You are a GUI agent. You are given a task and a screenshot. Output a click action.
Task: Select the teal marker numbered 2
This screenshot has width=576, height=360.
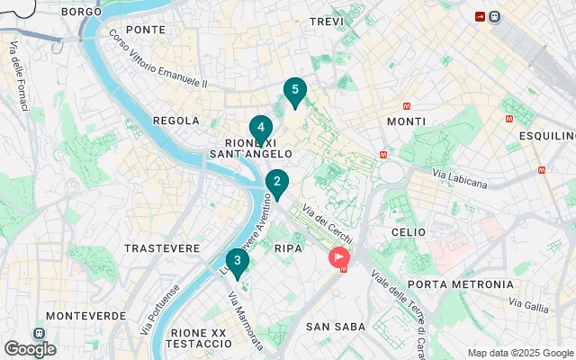pyautogui.click(x=276, y=184)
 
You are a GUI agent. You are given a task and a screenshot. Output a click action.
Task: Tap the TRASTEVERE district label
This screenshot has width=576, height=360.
pyautogui.click(x=162, y=247)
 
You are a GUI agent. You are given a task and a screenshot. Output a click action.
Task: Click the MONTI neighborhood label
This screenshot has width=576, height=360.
pyautogui.click(x=406, y=121)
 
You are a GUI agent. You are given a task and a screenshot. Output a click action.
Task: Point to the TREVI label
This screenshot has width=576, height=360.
pyautogui.click(x=327, y=21)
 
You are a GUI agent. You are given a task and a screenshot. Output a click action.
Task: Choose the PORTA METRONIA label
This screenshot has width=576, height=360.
pyautogui.click(x=460, y=284)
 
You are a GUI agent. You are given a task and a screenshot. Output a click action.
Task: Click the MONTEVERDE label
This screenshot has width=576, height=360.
pyautogui.click(x=85, y=316)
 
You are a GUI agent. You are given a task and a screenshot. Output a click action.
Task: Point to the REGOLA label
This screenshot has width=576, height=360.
pyautogui.click(x=175, y=121)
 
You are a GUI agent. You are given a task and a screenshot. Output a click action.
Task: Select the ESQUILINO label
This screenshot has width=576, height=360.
pyautogui.click(x=546, y=136)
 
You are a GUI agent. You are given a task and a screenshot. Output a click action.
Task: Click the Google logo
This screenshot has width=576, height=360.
pyautogui.click(x=30, y=349)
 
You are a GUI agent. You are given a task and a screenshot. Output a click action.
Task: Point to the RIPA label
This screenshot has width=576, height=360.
pyautogui.click(x=288, y=247)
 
